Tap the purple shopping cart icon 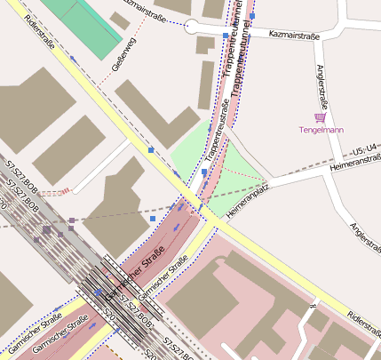tap(320, 117)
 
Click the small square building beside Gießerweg tap(119, 19)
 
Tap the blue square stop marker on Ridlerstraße tap(152, 149)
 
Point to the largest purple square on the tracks tap(45, 231)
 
